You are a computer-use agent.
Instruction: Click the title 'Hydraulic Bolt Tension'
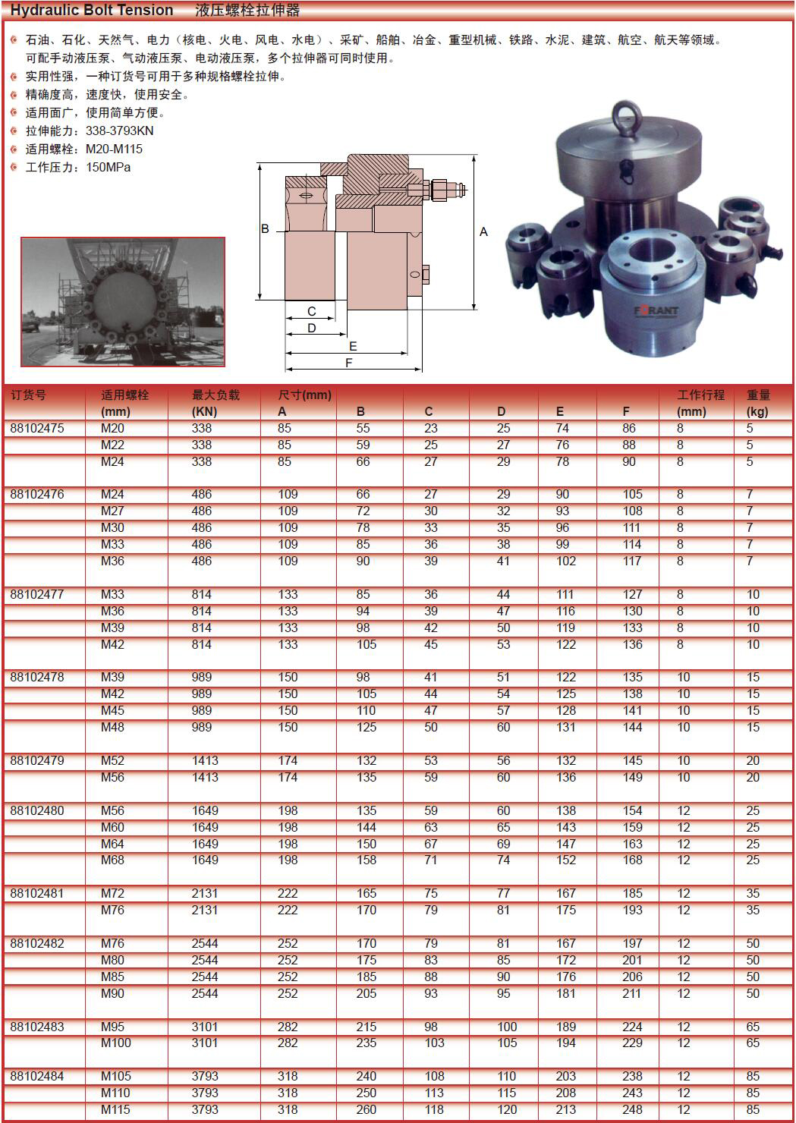[92, 10]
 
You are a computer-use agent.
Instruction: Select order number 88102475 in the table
[37, 428]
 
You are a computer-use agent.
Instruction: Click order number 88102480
[37, 810]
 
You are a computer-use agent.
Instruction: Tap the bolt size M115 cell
[115, 1109]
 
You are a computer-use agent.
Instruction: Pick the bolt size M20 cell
[112, 428]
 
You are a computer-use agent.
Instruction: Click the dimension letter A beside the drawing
[483, 231]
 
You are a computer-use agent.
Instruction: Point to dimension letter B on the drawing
[265, 228]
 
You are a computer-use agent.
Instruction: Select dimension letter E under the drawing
[353, 346]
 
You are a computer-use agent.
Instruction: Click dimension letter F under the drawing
[349, 363]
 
